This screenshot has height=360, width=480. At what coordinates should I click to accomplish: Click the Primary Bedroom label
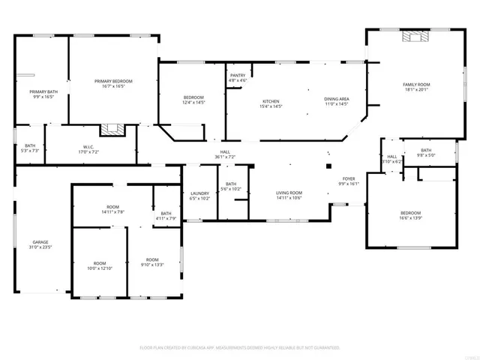point(113,81)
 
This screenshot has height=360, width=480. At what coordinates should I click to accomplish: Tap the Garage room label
point(40,242)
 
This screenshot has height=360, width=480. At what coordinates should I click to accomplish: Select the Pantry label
point(238,75)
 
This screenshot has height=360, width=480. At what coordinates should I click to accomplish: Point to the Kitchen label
point(271,101)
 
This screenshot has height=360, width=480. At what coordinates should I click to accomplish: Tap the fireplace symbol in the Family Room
point(414,35)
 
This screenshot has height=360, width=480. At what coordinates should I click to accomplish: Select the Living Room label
point(289,193)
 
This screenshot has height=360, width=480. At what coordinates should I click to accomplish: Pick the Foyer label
point(349,178)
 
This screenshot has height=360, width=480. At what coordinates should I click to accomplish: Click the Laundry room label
point(199,193)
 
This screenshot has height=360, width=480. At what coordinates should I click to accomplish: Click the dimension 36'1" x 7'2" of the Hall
point(224,157)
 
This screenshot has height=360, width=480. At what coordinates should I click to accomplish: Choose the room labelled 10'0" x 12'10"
point(98,268)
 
